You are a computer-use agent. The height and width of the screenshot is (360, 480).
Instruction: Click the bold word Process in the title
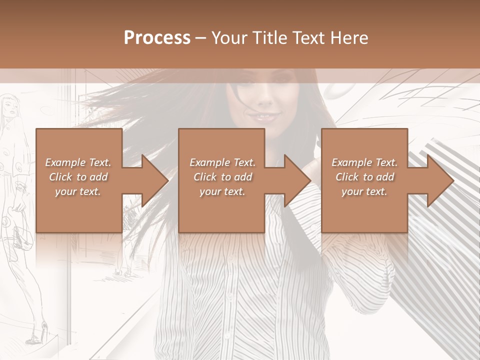(x=157, y=37)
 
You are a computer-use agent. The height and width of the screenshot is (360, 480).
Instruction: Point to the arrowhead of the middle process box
(x=297, y=180)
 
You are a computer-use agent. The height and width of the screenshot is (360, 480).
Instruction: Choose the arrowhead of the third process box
(x=440, y=180)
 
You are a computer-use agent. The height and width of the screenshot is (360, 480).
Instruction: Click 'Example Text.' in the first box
(x=78, y=162)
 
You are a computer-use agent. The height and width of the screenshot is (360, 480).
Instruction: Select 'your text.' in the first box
(x=78, y=191)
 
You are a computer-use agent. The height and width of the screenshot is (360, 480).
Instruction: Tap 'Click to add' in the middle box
(x=222, y=177)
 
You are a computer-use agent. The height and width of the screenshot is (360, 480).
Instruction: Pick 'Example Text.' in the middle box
(x=222, y=162)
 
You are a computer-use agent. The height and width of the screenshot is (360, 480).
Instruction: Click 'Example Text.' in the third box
(x=364, y=162)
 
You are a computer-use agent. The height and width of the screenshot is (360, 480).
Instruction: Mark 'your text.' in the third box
(x=364, y=191)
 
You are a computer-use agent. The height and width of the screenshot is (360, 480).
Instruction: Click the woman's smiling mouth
(x=265, y=118)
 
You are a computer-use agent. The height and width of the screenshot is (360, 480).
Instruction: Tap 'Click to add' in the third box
(x=364, y=177)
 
